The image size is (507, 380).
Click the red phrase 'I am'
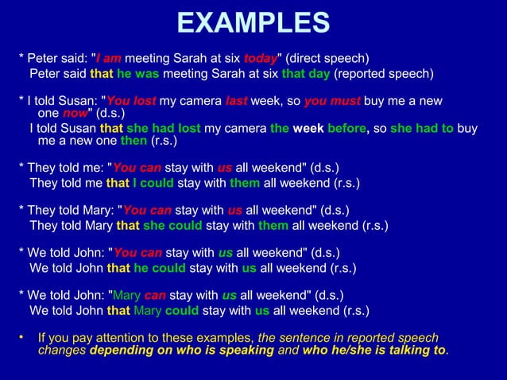tap(110, 59)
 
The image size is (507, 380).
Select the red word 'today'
tap(259, 59)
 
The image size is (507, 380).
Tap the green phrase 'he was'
tap(138, 74)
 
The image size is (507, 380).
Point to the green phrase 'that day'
tap(306, 74)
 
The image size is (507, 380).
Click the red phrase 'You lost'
tap(130, 101)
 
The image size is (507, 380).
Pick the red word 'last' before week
tap(237, 101)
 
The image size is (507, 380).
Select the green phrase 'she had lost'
tap(163, 128)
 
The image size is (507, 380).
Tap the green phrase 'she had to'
tap(422, 128)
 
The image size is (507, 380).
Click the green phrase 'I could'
tap(153, 183)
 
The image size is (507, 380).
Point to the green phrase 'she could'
tap(173, 225)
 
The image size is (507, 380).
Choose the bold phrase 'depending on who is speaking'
tap(182, 350)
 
